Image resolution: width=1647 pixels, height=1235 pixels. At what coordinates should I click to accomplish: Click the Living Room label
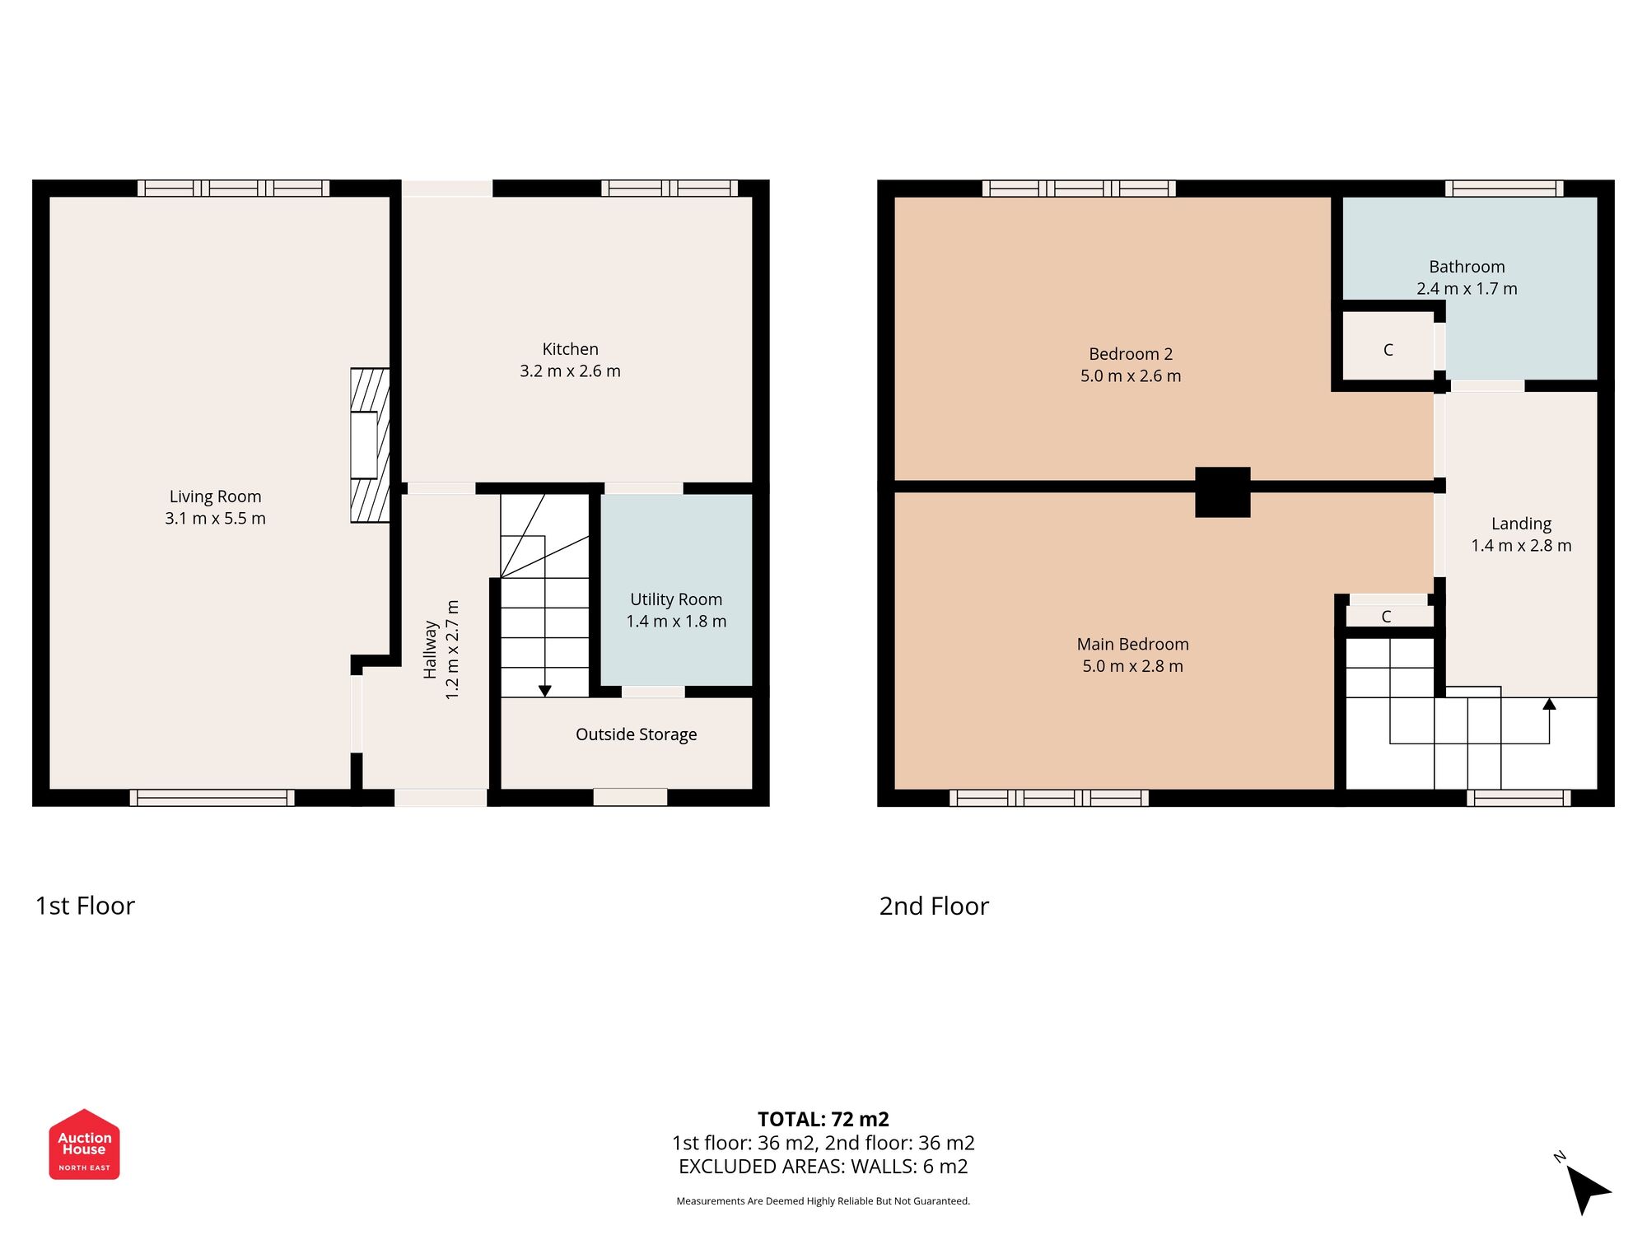215,496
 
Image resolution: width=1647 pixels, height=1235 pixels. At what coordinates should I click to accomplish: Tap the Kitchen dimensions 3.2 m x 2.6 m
570,371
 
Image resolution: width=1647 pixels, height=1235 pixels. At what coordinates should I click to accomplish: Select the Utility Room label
676,599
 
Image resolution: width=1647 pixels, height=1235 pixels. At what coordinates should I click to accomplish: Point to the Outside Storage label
636,734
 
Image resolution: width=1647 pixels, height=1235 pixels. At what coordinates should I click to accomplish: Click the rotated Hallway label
430,650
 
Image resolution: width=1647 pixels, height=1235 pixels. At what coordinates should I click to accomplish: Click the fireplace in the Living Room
369,445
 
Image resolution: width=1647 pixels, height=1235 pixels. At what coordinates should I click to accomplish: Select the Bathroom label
1467,267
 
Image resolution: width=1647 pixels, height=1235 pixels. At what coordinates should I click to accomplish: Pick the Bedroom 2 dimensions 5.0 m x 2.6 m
1131,376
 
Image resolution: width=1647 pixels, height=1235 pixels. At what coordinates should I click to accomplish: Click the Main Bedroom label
1132,645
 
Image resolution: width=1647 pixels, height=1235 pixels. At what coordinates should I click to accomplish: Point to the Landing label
1521,524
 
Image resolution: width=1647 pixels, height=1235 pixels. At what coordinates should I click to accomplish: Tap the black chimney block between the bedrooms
1222,492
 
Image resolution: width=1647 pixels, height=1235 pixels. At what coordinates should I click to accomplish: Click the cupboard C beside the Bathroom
1388,350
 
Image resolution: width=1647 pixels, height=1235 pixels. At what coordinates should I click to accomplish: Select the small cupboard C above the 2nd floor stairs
1387,617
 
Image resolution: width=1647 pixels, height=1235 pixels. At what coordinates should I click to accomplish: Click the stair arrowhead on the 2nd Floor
1549,704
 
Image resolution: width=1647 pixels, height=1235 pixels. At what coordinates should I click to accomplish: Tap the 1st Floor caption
85,906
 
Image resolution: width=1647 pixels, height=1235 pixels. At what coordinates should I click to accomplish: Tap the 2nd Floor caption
933,906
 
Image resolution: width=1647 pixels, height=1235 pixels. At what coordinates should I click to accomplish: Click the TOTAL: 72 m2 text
823,1119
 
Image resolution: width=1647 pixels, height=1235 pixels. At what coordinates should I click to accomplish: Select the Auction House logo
84,1144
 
